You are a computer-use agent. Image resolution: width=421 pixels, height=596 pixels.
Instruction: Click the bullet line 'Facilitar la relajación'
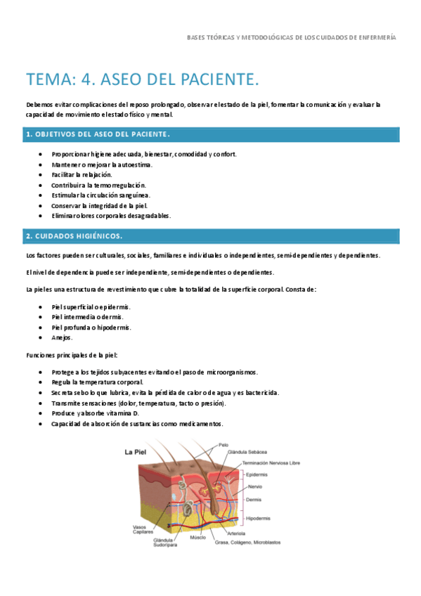coord(82,174)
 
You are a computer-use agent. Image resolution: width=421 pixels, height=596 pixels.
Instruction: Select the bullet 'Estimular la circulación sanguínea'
coord(101,195)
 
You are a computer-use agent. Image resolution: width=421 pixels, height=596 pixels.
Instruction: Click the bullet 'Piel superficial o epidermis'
coord(91,307)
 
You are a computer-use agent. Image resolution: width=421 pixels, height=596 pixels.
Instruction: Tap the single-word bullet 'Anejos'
coord(62,337)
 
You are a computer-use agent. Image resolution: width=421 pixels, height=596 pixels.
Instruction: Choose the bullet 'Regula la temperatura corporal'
coord(97,382)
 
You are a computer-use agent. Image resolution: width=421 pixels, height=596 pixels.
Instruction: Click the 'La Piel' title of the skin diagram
coord(136,452)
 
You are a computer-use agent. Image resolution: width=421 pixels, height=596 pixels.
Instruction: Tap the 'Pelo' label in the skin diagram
coord(223,444)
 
